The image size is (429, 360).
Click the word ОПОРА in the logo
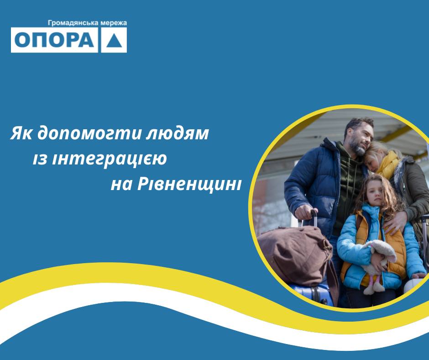pyautogui.click(x=54, y=40)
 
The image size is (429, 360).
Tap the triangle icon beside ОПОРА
pyautogui.click(x=114, y=40)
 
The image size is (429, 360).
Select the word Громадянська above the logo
pyautogui.click(x=73, y=23)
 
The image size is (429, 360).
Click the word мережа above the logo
pyautogui.click(x=113, y=23)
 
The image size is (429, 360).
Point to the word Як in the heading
pyautogui.click(x=21, y=133)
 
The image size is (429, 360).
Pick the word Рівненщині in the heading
pyautogui.click(x=189, y=184)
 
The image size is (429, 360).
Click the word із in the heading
pyautogui.click(x=40, y=159)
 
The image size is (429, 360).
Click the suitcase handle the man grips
pyautogui.click(x=314, y=218)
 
